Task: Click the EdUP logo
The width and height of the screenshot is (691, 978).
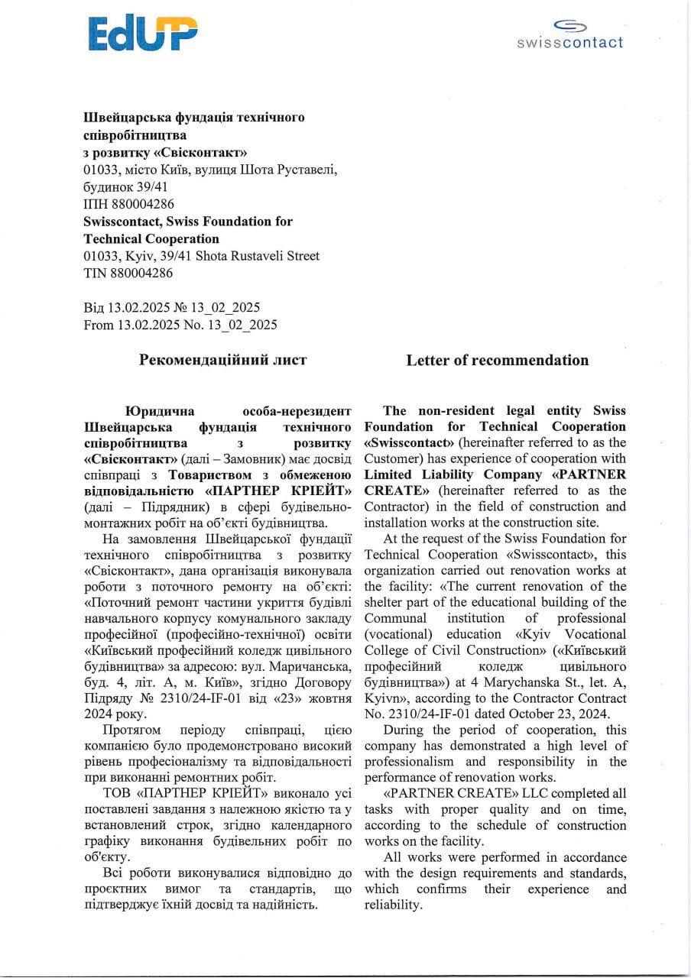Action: tap(143, 34)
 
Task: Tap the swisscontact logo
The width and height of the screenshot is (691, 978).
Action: tap(570, 36)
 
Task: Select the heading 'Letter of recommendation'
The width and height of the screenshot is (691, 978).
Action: tap(497, 360)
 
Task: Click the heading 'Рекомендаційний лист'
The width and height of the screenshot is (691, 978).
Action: tap(222, 359)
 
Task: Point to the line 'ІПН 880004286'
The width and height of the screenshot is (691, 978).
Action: tap(128, 204)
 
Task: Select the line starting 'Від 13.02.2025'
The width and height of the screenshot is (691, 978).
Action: tap(172, 307)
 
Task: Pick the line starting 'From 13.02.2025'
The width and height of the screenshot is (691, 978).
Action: tap(180, 325)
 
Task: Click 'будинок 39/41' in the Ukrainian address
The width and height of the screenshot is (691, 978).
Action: tap(125, 186)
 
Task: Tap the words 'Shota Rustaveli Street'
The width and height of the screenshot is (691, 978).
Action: tap(258, 256)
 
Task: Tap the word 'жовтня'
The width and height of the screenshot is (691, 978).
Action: tap(330, 698)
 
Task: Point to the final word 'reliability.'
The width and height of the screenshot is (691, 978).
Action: tap(393, 905)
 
